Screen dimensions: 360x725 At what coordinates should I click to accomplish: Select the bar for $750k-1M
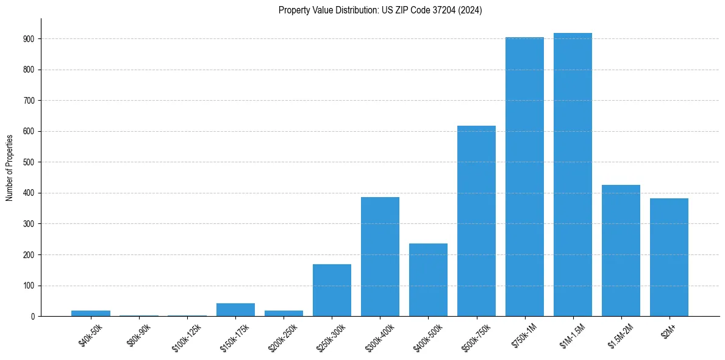point(524,177)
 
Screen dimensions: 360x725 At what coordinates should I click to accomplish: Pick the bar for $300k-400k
point(380,256)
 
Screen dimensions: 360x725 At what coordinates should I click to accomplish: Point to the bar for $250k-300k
point(332,290)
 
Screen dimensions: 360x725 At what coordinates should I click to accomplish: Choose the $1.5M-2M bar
point(621,250)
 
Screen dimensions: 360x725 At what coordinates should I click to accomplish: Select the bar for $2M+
point(669,257)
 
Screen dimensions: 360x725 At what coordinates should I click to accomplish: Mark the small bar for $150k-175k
point(235,310)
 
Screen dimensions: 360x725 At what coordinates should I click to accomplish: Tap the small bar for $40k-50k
point(91,313)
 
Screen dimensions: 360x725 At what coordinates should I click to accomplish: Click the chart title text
point(380,10)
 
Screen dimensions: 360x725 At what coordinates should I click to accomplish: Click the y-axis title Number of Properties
point(10,167)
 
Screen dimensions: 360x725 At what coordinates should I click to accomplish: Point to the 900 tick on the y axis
point(29,39)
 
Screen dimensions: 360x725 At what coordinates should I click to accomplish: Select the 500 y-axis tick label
point(29,162)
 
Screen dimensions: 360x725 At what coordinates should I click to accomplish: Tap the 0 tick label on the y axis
point(33,317)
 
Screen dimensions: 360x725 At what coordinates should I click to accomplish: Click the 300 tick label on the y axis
point(29,224)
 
